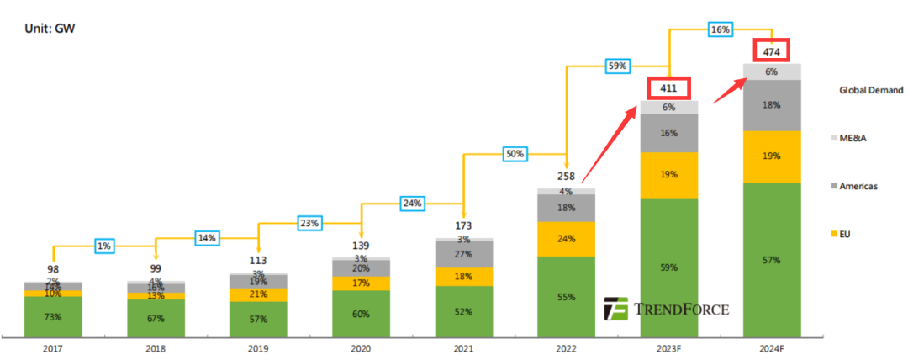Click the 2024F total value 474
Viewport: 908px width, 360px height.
(771, 52)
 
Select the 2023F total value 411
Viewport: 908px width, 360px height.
(668, 87)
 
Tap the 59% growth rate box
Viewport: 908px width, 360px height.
(617, 65)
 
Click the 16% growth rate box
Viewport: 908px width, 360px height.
(720, 29)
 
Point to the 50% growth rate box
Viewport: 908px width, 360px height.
(515, 154)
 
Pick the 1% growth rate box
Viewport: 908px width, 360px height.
(104, 246)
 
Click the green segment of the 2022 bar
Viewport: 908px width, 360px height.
(566, 297)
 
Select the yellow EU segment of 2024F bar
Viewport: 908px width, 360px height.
(771, 156)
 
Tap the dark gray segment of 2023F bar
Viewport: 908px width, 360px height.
(668, 133)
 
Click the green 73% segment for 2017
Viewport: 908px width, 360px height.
(53, 316)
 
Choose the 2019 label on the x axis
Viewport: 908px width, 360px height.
(258, 348)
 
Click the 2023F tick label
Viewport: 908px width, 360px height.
(668, 348)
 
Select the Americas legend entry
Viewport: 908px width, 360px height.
(857, 186)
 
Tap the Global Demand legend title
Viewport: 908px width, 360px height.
(870, 90)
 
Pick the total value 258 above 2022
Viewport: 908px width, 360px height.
(566, 177)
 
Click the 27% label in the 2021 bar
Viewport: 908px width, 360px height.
(463, 253)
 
